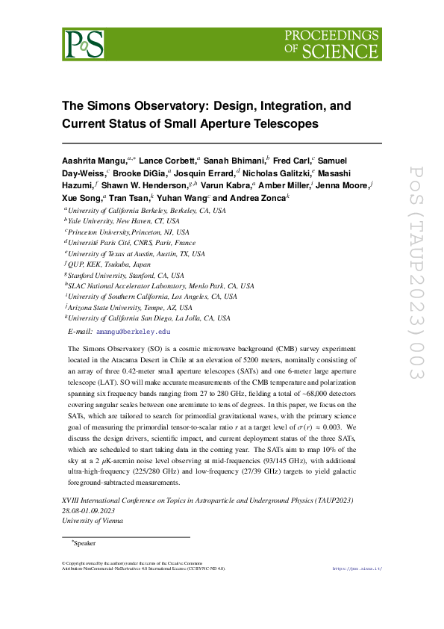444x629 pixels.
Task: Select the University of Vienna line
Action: [93, 521]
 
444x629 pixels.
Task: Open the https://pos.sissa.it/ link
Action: [356, 568]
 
